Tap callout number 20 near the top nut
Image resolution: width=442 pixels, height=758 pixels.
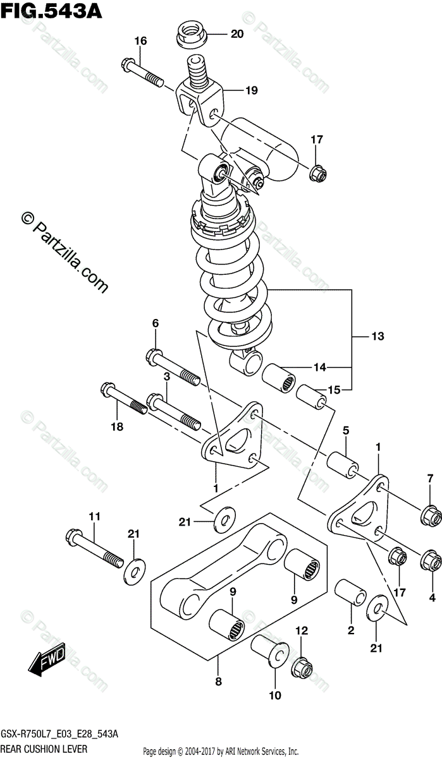pyautogui.click(x=237, y=34)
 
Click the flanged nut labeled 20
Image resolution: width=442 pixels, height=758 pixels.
pyautogui.click(x=191, y=34)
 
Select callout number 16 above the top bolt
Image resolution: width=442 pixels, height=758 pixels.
pyautogui.click(x=140, y=41)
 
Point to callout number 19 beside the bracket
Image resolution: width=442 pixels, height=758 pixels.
pyautogui.click(x=251, y=90)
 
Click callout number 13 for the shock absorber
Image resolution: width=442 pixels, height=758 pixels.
pyautogui.click(x=378, y=336)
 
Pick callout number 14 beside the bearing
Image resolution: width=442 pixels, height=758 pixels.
pyautogui.click(x=320, y=367)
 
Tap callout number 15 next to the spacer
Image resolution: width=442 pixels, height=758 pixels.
pyautogui.click(x=334, y=390)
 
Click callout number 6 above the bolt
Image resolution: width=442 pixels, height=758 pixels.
pyautogui.click(x=155, y=323)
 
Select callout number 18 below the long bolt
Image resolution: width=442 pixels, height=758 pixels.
pyautogui.click(x=117, y=427)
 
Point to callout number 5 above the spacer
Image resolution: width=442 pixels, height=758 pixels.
pyautogui.click(x=345, y=431)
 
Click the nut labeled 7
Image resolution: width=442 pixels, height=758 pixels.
pyautogui.click(x=431, y=517)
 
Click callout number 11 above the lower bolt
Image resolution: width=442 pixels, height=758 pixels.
pyautogui.click(x=94, y=517)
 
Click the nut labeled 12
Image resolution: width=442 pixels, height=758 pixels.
pyautogui.click(x=302, y=668)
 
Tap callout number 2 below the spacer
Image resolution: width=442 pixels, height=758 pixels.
pyautogui.click(x=350, y=630)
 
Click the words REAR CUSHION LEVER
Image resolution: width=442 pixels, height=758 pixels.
pyautogui.click(x=44, y=749)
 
